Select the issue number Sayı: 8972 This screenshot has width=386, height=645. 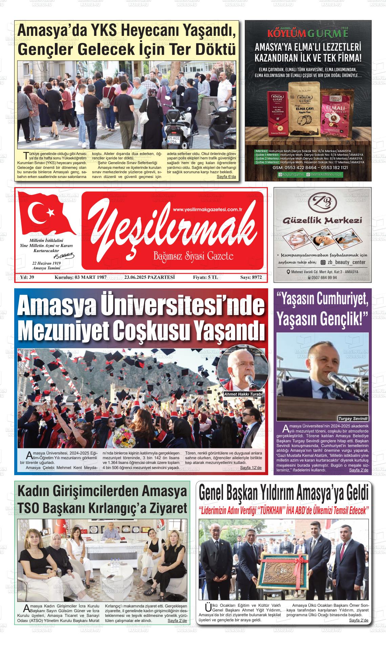pyautogui.click(x=251, y=277)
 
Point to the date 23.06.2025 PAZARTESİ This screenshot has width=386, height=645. pyautogui.click(x=149, y=277)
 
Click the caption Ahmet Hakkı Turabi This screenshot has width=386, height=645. pyautogui.click(x=243, y=394)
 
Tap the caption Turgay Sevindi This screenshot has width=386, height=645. pyautogui.click(x=353, y=418)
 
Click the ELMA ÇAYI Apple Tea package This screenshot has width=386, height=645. pyautogui.click(x=304, y=109)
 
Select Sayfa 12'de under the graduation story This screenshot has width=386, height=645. pyautogui.click(x=251, y=468)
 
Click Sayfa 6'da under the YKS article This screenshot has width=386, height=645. pyautogui.click(x=226, y=177)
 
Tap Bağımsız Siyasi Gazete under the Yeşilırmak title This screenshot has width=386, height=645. pyautogui.click(x=193, y=256)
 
